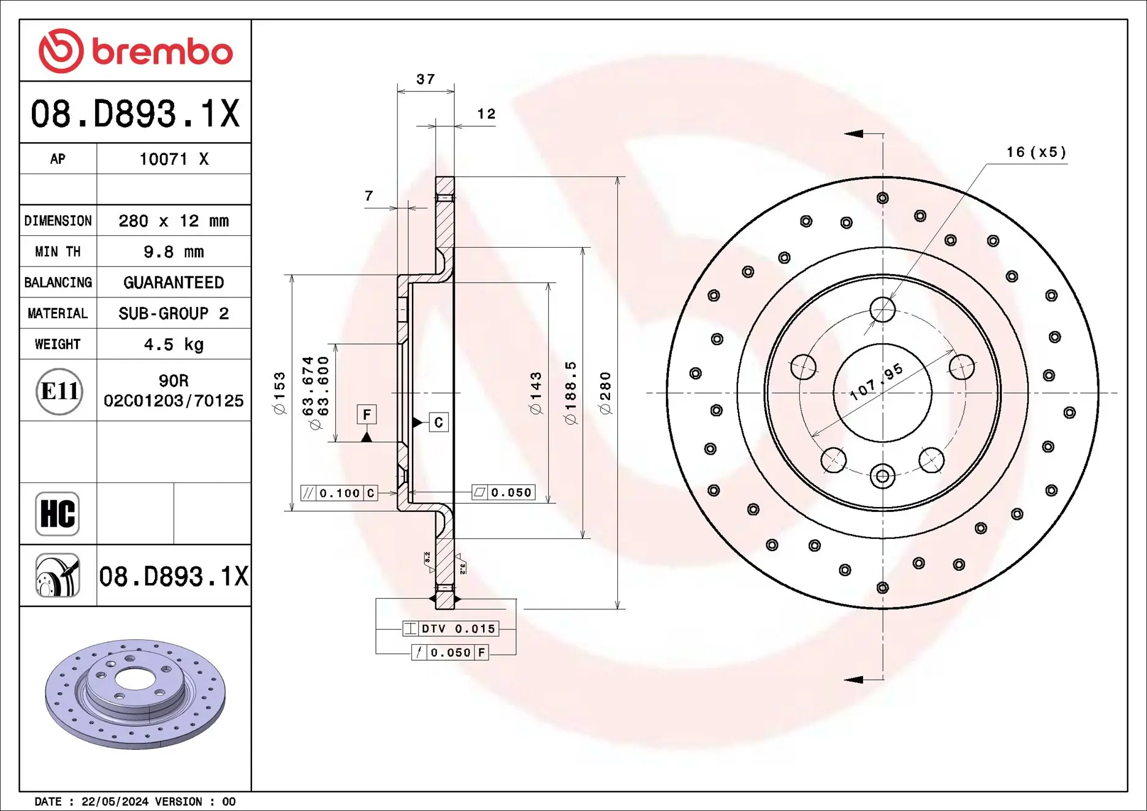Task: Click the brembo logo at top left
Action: (135, 51)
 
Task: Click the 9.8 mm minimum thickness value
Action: (173, 252)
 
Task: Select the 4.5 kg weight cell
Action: (173, 345)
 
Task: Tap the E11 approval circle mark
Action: (59, 391)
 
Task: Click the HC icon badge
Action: (58, 514)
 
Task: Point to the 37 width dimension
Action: (425, 79)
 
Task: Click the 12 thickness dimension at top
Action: (486, 114)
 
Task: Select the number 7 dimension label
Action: (368, 196)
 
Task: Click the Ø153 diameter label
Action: (280, 393)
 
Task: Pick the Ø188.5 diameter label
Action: (571, 393)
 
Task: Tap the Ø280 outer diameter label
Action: (606, 393)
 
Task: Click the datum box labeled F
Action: (367, 415)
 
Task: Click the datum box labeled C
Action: (438, 422)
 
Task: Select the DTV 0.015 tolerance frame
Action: (451, 629)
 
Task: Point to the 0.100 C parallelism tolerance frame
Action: (339, 493)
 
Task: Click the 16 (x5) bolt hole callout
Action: (1036, 152)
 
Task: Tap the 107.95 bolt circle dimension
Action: (877, 381)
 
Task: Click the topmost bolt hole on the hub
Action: (882, 310)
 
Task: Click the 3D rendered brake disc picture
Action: (135, 694)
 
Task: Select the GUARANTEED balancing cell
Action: (173, 283)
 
